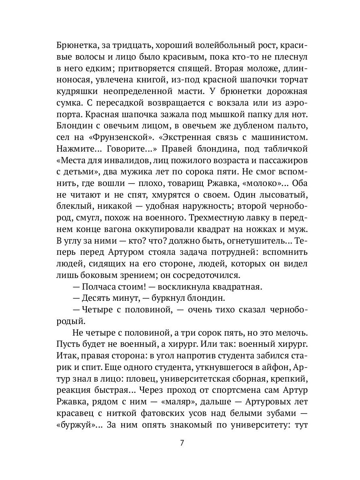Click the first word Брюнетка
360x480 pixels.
[x=76, y=45]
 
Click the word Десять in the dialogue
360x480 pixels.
[x=97, y=298]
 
